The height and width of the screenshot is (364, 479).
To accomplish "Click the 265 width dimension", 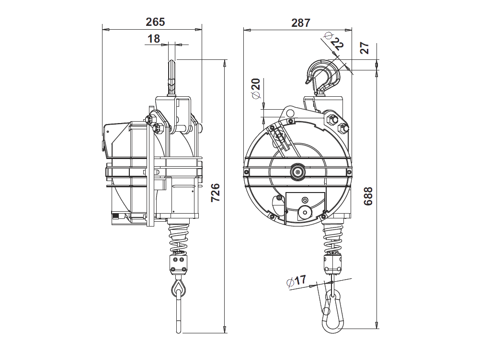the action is coord(155,22).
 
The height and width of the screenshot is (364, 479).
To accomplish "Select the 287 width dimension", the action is coord(301,23).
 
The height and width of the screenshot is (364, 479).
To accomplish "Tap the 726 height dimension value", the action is coord(216,193).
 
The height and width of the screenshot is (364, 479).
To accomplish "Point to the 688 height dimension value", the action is coord(368,196).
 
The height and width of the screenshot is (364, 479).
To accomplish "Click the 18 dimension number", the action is coord(154,39).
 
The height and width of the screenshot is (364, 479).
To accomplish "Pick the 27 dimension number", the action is coord(365,48).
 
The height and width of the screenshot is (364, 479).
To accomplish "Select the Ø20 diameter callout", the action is coord(256,89).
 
